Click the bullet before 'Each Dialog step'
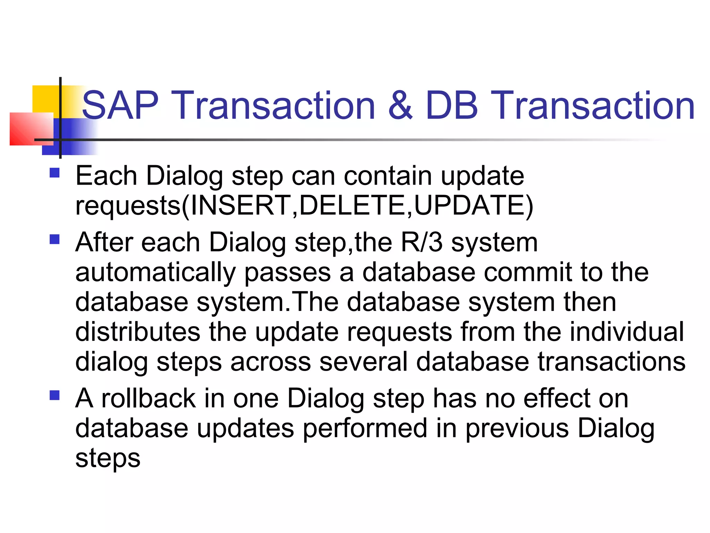pos(55,173)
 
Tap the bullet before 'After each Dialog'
pos(55,239)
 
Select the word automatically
pos(156,273)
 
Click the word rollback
pos(149,398)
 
